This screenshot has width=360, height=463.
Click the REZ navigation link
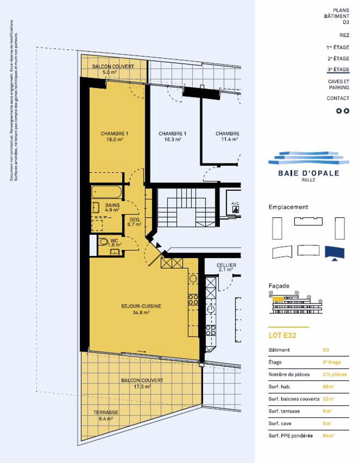(344, 35)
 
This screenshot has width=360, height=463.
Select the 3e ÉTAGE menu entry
(338, 69)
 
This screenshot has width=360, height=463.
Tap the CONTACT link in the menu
(338, 98)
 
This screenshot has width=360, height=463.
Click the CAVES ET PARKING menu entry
(338, 84)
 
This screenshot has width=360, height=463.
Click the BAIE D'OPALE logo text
(309, 173)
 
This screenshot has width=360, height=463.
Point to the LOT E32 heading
(282, 335)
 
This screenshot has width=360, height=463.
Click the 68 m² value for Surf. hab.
(327, 387)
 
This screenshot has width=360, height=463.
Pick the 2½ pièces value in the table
(334, 374)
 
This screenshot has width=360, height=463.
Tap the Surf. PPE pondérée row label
(291, 436)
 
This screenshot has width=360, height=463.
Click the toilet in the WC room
(103, 242)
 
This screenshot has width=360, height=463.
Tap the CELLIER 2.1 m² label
(226, 267)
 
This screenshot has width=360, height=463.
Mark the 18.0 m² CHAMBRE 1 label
(114, 136)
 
